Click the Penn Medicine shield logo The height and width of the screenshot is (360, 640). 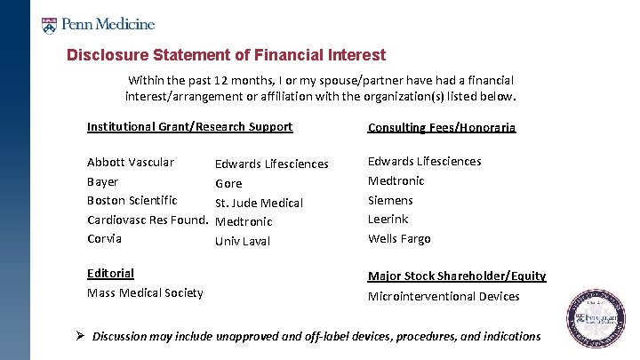point(50,24)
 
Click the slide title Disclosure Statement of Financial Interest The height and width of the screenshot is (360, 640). point(226,55)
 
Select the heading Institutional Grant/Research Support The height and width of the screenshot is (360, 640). point(189,126)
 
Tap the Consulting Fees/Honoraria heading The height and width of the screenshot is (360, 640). point(442,127)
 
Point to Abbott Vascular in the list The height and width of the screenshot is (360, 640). point(130,162)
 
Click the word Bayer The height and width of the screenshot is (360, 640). point(102,181)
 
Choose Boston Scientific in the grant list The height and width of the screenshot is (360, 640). point(132,200)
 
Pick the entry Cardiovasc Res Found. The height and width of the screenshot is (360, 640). point(146,220)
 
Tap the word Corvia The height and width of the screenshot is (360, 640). point(104,238)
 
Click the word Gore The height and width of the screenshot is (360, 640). point(228,184)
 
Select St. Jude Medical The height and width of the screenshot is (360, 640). point(259,203)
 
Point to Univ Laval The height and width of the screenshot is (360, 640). point(243,241)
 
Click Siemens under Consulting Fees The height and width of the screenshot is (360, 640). point(390,200)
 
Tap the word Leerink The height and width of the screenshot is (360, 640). point(388,219)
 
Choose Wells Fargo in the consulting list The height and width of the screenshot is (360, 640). point(399,238)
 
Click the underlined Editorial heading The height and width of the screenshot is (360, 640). point(110,273)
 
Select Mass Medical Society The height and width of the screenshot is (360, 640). point(145,292)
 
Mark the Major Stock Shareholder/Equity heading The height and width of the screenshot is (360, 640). point(457,276)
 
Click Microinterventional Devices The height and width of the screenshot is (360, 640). point(444,296)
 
